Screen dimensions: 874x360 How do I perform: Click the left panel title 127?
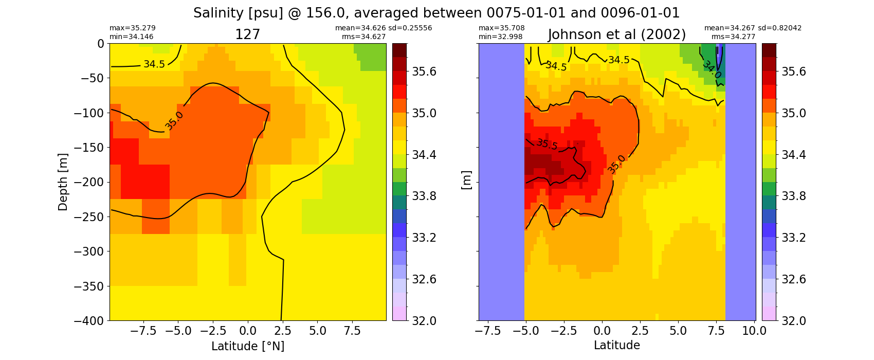pyautogui.click(x=247, y=35)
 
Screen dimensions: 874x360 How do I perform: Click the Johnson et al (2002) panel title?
pyautogui.click(x=616, y=35)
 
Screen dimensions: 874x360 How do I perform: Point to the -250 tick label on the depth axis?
pyautogui.click(x=89, y=217)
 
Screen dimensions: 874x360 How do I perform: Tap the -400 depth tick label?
pyautogui.click(x=89, y=321)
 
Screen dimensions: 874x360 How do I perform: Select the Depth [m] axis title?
pyautogui.click(x=62, y=182)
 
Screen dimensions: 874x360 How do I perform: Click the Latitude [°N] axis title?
pyautogui.click(x=248, y=346)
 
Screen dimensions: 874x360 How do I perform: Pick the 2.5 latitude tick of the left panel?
pyautogui.click(x=282, y=331)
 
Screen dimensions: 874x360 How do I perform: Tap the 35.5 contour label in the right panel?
pyautogui.click(x=547, y=144)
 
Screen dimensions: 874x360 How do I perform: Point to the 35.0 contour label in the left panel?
pyautogui.click(x=174, y=121)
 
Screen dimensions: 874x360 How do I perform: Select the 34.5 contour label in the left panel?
pyautogui.click(x=154, y=64)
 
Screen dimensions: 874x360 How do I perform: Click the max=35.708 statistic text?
pyautogui.click(x=501, y=28)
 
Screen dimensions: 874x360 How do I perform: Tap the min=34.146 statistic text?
pyautogui.click(x=132, y=37)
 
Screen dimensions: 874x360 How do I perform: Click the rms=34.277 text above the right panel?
pyautogui.click(x=733, y=37)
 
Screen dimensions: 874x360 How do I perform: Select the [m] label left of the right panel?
pyautogui.click(x=466, y=180)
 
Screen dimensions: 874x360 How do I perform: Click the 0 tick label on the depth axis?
pyautogui.click(x=101, y=44)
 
